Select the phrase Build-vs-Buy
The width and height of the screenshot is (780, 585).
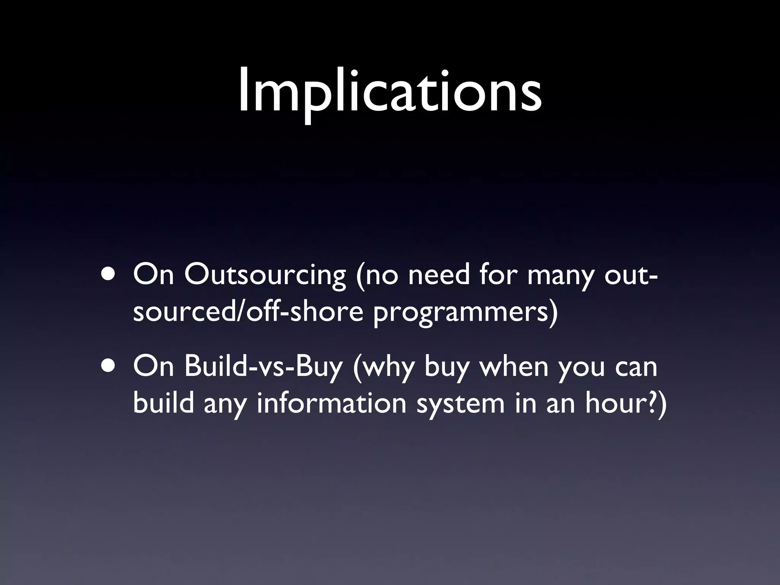(x=263, y=368)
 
